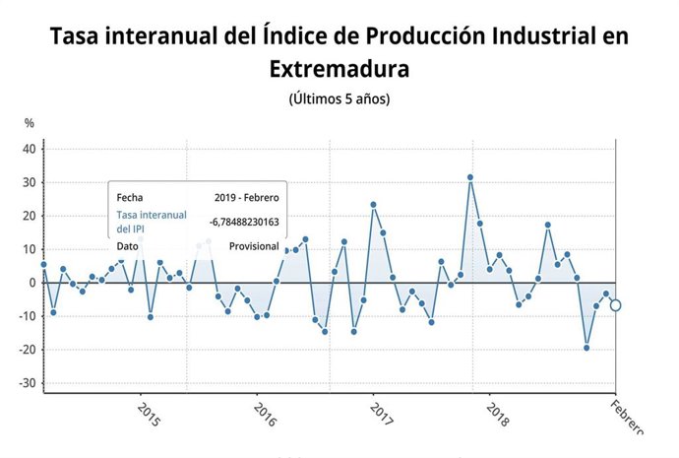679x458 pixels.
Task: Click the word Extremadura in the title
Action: (339, 69)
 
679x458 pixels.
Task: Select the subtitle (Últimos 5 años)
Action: (339, 99)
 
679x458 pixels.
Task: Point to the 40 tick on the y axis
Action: (29, 150)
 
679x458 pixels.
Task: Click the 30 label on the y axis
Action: (29, 183)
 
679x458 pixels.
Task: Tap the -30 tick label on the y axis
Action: (26, 383)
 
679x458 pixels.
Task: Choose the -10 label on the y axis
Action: (26, 316)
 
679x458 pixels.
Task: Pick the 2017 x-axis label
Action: (382, 415)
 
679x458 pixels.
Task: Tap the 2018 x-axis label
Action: (498, 415)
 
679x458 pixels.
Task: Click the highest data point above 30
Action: (470, 177)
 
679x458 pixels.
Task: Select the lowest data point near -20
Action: (586, 348)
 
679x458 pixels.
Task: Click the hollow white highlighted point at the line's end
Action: (616, 305)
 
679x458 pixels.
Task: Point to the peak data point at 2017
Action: (374, 205)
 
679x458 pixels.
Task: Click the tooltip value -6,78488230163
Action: (244, 222)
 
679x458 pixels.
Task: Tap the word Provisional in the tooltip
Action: (254, 246)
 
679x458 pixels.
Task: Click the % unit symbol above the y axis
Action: (30, 123)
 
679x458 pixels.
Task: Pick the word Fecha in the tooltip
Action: (130, 197)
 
